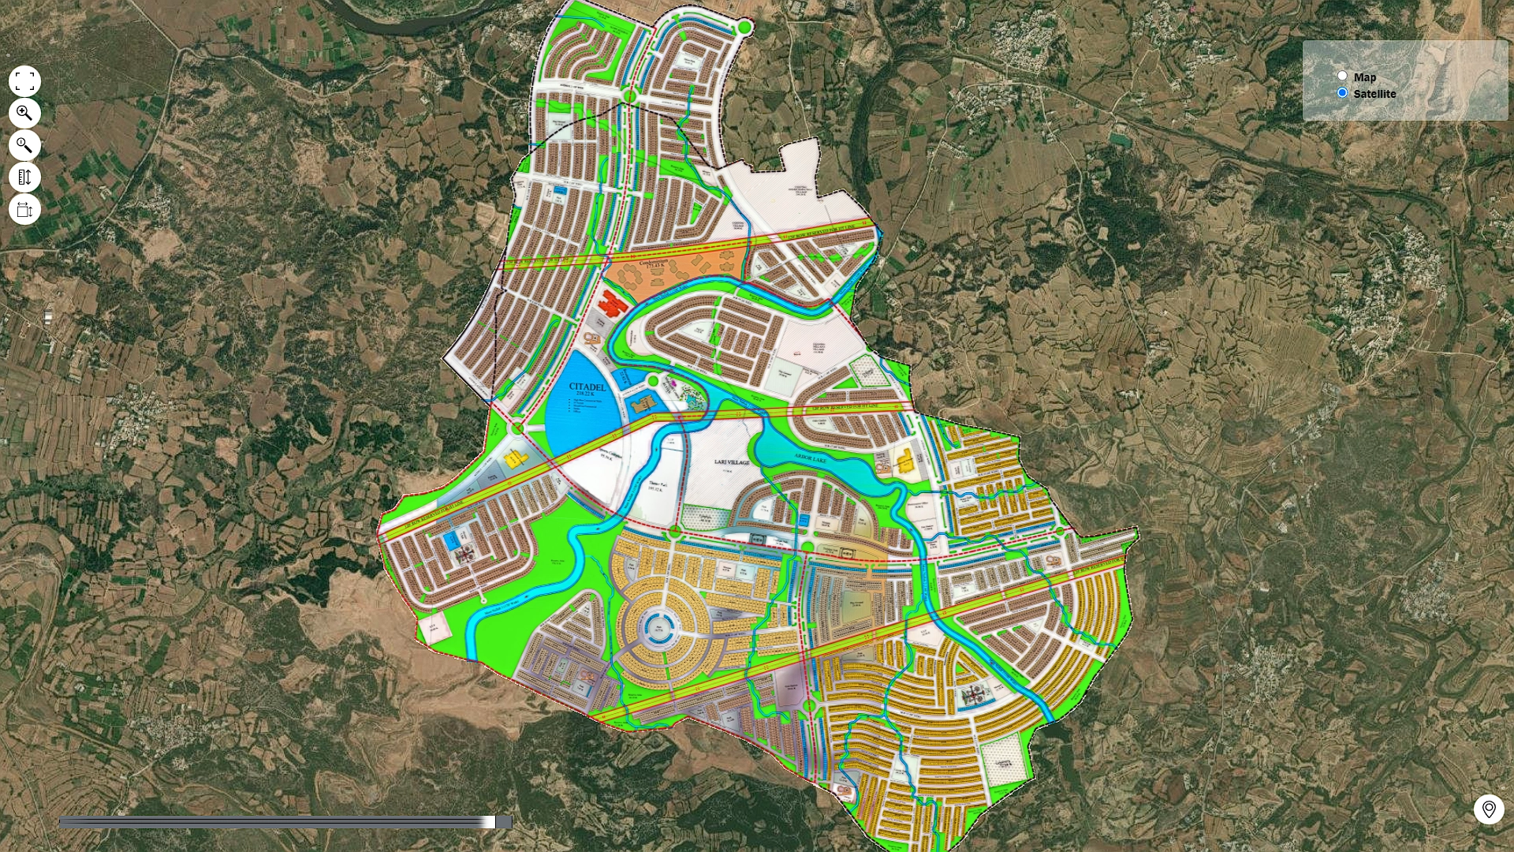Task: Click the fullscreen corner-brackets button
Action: point(24,81)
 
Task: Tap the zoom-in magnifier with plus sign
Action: point(24,114)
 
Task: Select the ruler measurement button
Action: point(24,177)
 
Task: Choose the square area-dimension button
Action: point(24,210)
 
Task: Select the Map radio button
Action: point(1342,76)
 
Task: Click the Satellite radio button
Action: point(1342,92)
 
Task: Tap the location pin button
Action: point(1489,809)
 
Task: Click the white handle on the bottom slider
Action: point(490,822)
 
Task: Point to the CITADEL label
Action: point(587,387)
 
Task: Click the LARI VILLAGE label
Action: point(732,462)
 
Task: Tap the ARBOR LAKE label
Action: point(810,458)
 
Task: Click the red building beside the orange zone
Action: point(613,301)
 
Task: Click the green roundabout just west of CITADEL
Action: point(517,428)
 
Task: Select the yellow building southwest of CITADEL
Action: point(513,459)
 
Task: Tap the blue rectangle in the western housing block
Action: point(451,540)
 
